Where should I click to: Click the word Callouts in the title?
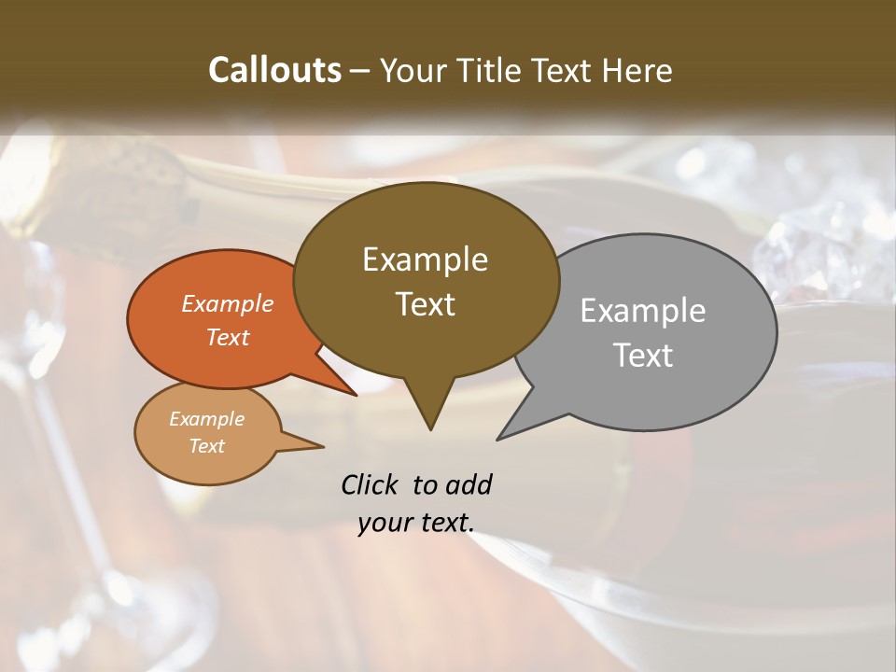[274, 70]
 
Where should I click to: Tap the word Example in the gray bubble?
[643, 311]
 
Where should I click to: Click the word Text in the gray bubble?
[643, 356]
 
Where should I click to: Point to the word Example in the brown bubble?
[425, 259]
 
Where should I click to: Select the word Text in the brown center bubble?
[425, 304]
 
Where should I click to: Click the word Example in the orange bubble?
[228, 303]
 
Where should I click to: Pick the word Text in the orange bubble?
[228, 337]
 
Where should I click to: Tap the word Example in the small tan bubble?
[206, 419]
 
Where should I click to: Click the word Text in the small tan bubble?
[206, 446]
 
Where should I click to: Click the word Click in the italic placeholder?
[371, 484]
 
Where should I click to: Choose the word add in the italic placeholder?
[468, 484]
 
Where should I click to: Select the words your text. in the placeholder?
[416, 523]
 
